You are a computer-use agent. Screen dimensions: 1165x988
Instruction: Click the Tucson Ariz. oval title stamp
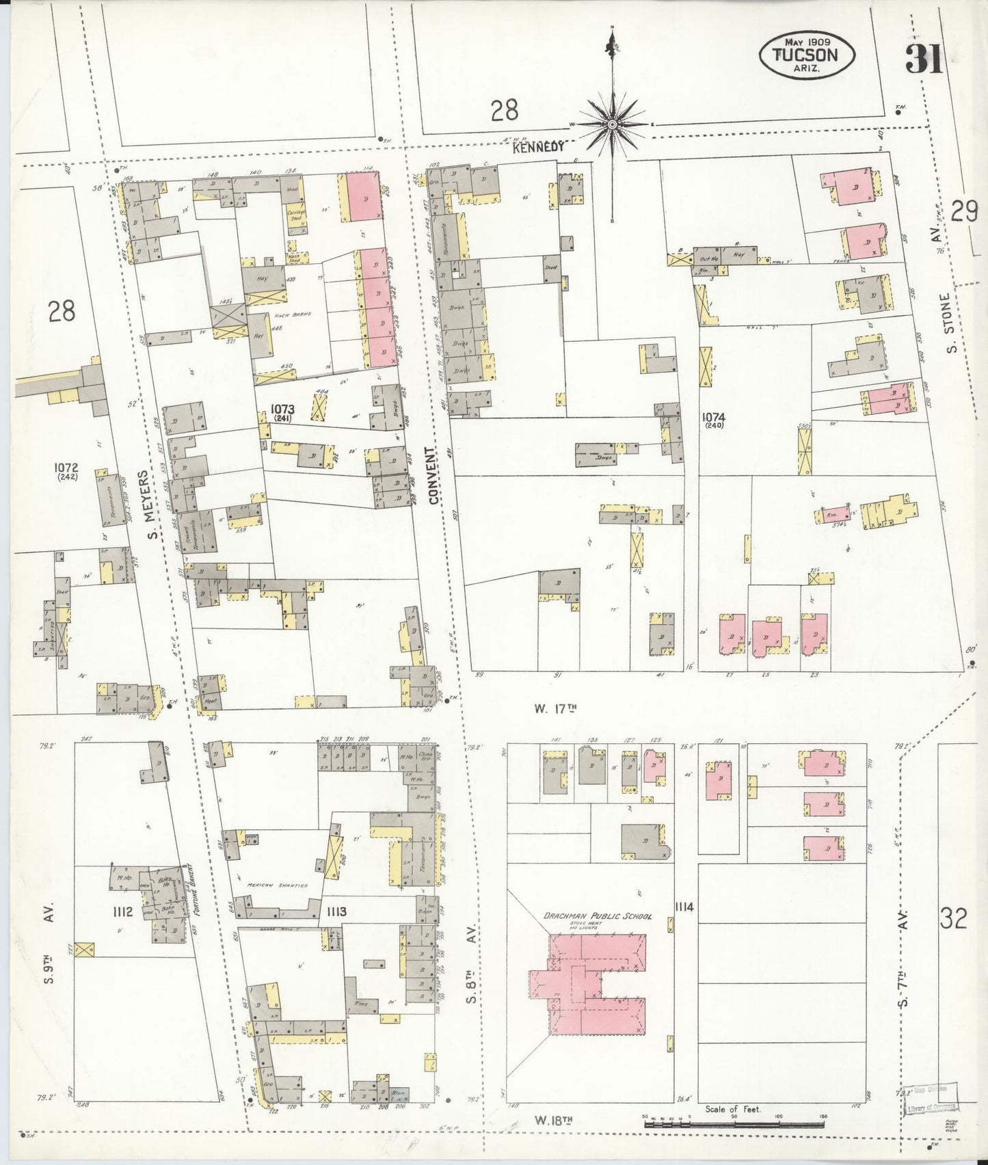806,55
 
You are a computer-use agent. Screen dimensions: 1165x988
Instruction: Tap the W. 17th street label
556,708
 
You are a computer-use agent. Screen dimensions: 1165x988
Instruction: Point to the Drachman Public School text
598,916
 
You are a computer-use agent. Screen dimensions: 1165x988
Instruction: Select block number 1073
282,408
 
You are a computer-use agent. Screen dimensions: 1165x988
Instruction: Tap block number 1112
122,911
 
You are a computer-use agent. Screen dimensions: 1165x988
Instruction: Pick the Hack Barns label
293,314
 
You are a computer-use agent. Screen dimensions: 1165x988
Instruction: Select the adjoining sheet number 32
953,918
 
